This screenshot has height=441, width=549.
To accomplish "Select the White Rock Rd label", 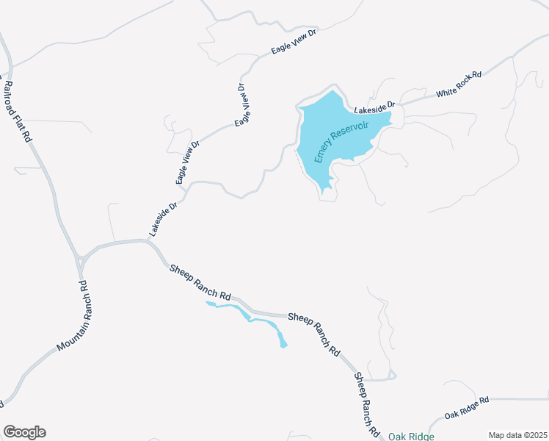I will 458,85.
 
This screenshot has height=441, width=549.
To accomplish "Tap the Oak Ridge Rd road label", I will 466,407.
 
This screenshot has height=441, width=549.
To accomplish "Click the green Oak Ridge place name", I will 411,437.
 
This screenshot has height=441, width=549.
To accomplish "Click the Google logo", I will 24,432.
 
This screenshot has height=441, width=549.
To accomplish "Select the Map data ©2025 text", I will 517,434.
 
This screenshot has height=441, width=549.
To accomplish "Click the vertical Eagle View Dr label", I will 240,104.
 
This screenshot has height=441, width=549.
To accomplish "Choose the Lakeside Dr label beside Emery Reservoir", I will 374,109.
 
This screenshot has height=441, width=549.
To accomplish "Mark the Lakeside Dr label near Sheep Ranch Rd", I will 163,219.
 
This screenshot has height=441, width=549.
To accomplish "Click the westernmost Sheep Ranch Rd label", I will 200,281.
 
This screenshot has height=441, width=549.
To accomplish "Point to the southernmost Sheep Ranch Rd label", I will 366,404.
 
